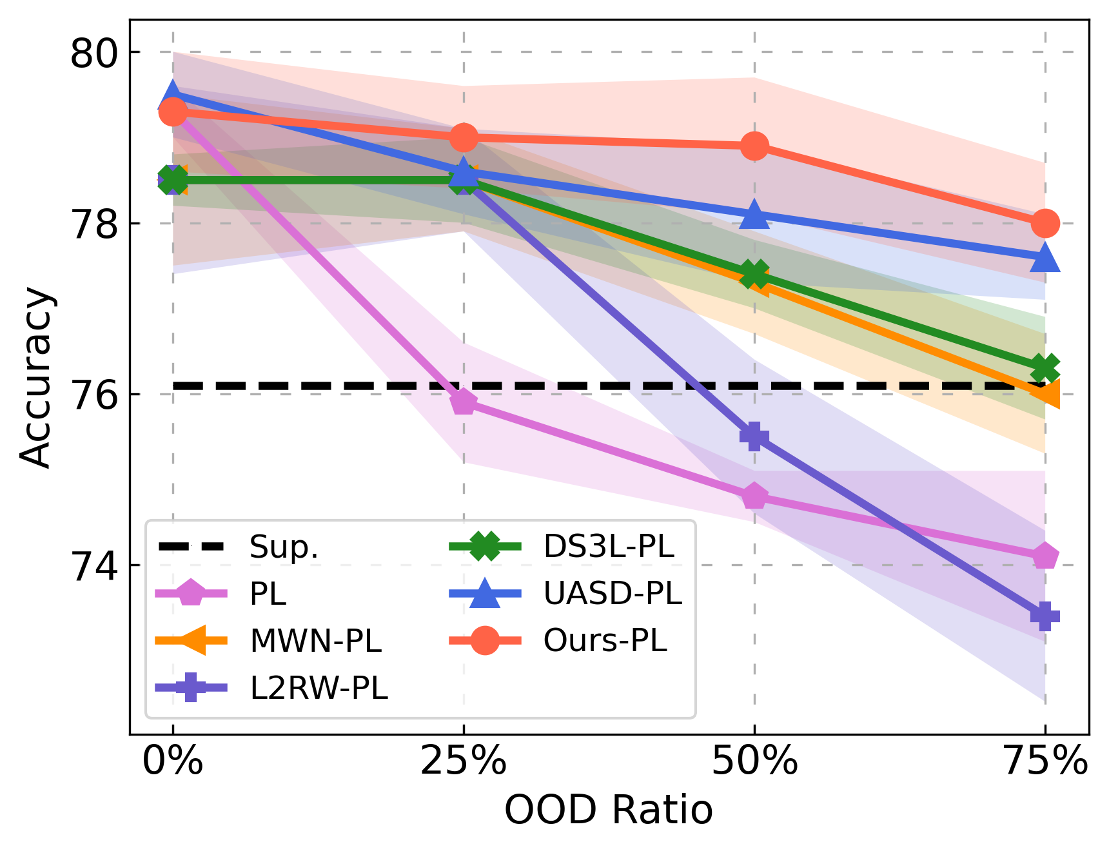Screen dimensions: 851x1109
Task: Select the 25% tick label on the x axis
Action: pos(464,761)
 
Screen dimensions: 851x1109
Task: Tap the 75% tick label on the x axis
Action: pos(1046,761)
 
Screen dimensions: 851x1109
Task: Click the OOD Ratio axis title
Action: pos(608,810)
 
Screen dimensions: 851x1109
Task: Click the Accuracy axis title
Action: pos(35,377)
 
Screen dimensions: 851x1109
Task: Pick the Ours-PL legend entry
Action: pos(605,641)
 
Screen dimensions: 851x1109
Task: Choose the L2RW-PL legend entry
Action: pos(319,688)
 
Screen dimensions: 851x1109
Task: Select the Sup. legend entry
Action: pos(284,547)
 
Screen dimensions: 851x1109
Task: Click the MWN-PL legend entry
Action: pos(316,641)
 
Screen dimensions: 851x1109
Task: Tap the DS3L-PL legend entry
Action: pos(609,547)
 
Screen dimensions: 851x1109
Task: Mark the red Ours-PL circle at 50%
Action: pos(754,146)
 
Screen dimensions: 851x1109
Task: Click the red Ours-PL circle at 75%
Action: pos(1045,224)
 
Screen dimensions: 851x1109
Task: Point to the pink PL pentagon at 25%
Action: pos(464,403)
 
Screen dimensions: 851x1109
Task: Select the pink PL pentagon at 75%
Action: pos(1045,556)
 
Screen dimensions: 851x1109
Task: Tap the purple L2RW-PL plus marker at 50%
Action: pos(754,436)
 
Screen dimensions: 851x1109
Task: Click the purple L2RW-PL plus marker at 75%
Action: pos(1045,616)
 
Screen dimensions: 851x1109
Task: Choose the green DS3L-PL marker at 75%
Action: pos(1045,369)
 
